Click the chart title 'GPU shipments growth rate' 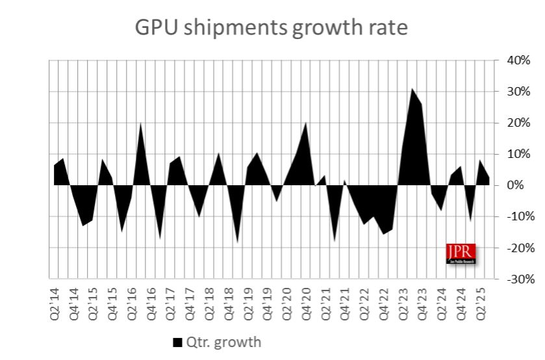271,28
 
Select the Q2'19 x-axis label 248,301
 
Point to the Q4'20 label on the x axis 306,301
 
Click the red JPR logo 461,253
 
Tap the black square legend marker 177,342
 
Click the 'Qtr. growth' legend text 224,342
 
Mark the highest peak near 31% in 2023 412,89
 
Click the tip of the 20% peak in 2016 141,123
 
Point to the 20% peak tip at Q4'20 306,123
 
